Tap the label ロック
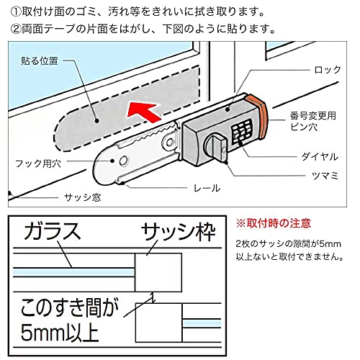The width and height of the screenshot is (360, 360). [x=328, y=70]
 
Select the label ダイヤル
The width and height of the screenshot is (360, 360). [x=320, y=157]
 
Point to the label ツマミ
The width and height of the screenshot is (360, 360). [x=325, y=176]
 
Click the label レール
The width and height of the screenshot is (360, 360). [x=207, y=188]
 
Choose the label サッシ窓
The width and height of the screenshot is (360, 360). [x=82, y=197]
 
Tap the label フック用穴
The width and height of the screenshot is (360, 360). [x=38, y=163]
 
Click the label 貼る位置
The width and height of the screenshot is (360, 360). [x=40, y=61]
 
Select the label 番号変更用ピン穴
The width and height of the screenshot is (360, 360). [x=312, y=121]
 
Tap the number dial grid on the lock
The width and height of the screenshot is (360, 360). [x=242, y=132]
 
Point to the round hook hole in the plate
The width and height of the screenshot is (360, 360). [x=123, y=161]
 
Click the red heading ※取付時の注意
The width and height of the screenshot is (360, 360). [x=274, y=223]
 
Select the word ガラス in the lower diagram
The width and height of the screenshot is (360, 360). [x=52, y=231]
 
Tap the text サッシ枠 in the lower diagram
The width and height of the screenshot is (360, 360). [x=179, y=232]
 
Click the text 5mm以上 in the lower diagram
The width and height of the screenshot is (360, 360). [x=60, y=333]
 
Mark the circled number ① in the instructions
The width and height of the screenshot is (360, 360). [x=17, y=12]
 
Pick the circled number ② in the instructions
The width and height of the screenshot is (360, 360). [x=17, y=30]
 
